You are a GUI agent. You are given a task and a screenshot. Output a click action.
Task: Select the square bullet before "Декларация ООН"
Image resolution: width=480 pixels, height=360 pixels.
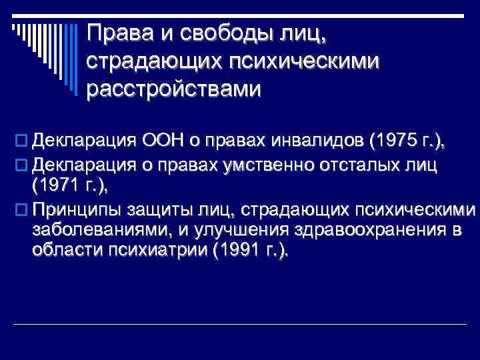click(x=18, y=141)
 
